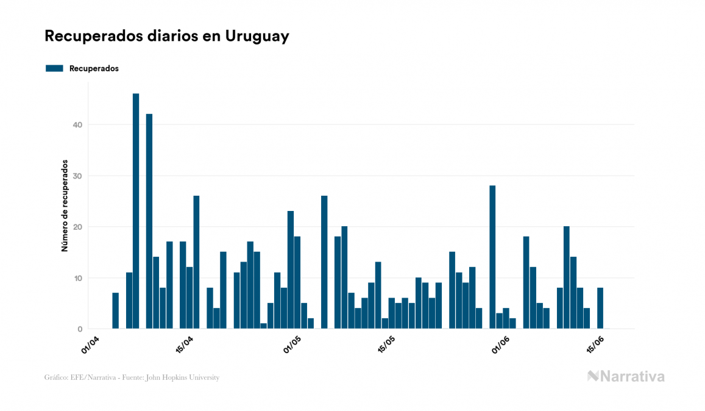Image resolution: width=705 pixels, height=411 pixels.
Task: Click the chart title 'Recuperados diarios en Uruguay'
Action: [x=166, y=36]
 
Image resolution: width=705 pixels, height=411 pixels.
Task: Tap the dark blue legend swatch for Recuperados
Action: [x=54, y=68]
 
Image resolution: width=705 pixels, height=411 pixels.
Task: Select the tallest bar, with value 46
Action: [x=136, y=211]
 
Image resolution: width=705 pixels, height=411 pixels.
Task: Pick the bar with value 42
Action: [x=149, y=221]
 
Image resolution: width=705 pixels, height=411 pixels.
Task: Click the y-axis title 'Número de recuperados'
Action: [x=64, y=206]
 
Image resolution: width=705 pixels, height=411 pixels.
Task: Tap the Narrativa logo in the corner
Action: [x=626, y=376]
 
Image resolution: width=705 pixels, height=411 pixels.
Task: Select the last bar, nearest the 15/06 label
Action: [x=600, y=308]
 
